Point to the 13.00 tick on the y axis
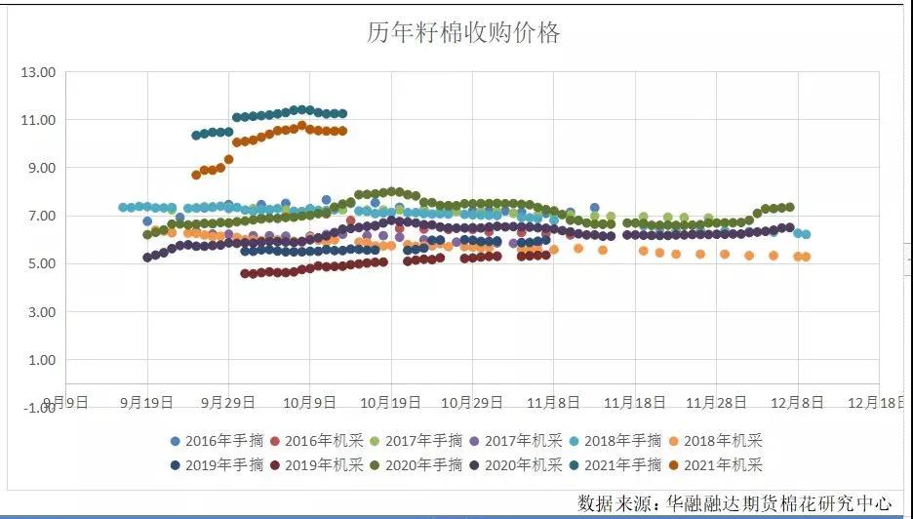pyautogui.click(x=38, y=72)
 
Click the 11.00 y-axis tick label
pyautogui.click(x=38, y=120)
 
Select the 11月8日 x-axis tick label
pyautogui.click(x=553, y=401)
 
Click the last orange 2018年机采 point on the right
pyautogui.click(x=806, y=257)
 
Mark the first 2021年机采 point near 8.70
pyautogui.click(x=196, y=175)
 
